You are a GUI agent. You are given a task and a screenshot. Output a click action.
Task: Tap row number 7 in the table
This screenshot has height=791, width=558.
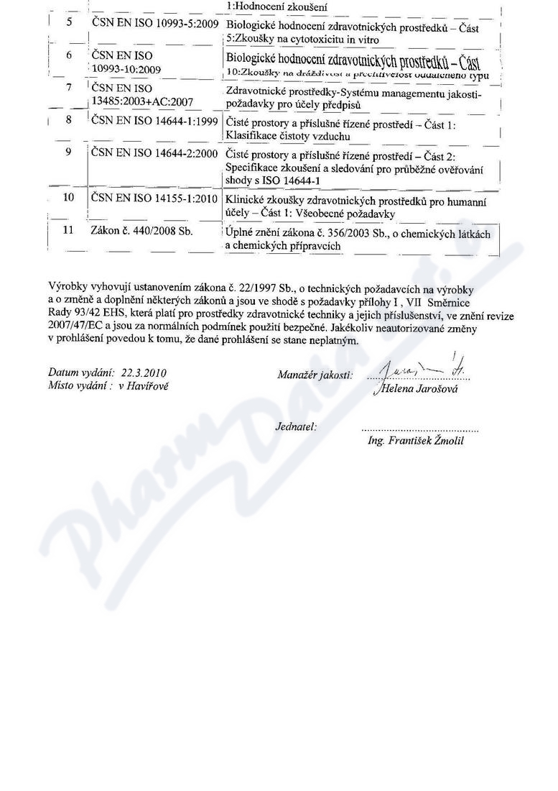(x=69, y=87)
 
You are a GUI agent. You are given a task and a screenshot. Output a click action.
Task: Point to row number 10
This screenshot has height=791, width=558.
(x=69, y=196)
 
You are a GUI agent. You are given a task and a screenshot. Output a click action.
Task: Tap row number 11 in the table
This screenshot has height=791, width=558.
(x=69, y=231)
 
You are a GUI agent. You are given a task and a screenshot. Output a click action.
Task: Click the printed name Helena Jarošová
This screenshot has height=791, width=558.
(x=416, y=389)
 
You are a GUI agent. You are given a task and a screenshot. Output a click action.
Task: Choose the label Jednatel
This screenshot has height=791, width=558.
(x=296, y=427)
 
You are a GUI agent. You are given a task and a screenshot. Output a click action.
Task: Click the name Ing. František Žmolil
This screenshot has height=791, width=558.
(x=415, y=440)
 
